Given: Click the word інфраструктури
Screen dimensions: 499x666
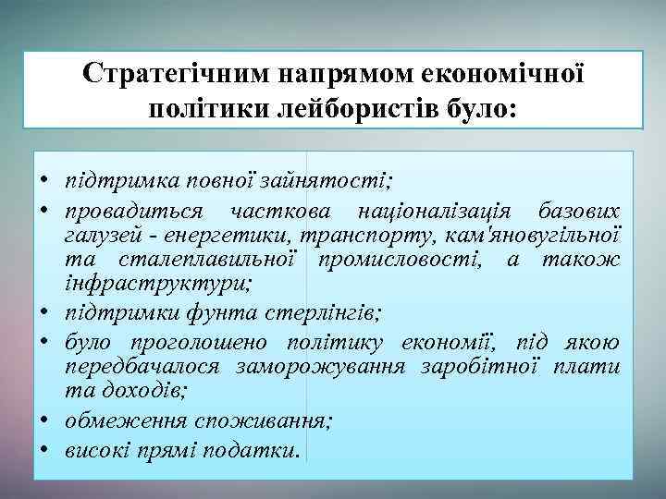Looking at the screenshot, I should click(x=140, y=282).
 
